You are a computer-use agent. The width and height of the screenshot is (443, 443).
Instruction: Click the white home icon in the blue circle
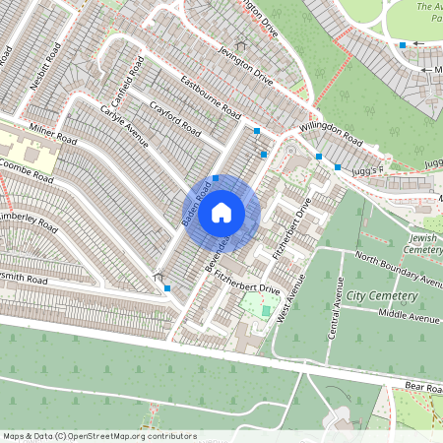[221, 212]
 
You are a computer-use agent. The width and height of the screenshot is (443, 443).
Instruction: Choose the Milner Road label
[52, 137]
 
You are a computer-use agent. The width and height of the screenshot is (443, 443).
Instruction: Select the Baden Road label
[197, 208]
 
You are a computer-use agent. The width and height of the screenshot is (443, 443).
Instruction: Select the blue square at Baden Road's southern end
[168, 287]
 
